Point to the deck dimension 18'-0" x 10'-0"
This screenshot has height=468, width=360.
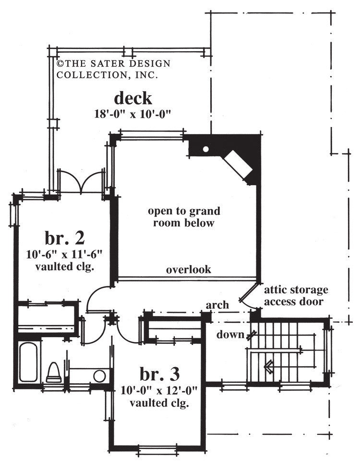point(133,114)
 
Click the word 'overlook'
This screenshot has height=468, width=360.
point(189,269)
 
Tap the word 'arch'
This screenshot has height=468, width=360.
point(216,305)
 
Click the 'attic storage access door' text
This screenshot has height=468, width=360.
point(296,296)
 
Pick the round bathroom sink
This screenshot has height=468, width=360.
point(100,375)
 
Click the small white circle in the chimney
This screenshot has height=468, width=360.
point(205,149)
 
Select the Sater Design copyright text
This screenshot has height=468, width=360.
point(113,69)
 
